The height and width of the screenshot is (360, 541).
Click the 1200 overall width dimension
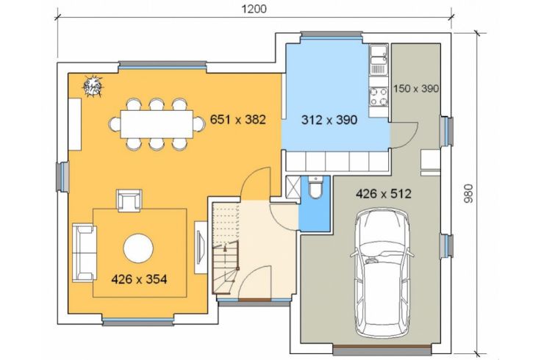click(x=254, y=9)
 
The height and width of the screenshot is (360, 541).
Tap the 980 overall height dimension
click(x=468, y=193)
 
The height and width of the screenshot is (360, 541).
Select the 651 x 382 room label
click(x=238, y=120)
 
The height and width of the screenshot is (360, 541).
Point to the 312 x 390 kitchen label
click(x=329, y=120)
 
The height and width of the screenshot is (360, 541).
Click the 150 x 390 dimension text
click(x=416, y=89)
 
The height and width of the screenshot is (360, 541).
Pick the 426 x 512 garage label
click(x=383, y=194)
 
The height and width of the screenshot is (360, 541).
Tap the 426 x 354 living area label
click(x=139, y=279)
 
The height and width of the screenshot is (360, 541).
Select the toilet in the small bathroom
click(x=315, y=187)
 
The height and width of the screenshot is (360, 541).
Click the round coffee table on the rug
click(x=138, y=248)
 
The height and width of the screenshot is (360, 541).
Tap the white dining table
click(x=157, y=124)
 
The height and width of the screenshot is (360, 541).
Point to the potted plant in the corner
click(x=93, y=86)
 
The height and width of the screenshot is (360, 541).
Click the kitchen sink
click(x=379, y=60)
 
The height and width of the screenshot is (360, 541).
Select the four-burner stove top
click(x=379, y=96)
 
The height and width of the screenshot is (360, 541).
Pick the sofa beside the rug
click(x=84, y=252)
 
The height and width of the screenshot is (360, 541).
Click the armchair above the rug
click(x=129, y=201)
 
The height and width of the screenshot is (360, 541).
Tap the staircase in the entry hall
click(x=226, y=248)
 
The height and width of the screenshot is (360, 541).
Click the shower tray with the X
click(x=293, y=187)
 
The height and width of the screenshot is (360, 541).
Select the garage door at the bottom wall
click(x=382, y=350)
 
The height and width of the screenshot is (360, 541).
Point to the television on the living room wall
click(x=201, y=248)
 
